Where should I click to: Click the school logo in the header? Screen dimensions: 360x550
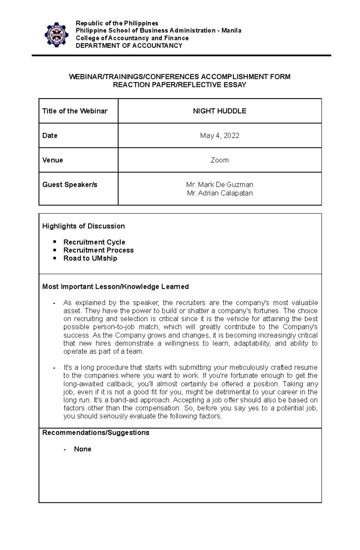56,35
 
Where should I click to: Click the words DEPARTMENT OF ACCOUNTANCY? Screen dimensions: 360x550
129,46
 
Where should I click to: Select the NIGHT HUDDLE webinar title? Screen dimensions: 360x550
220,111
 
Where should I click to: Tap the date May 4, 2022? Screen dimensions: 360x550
220,135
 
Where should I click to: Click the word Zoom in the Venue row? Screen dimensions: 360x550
220,160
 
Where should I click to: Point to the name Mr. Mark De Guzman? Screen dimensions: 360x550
220,185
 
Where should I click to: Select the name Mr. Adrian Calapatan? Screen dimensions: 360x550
220,193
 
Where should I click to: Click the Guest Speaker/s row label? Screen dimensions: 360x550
70,185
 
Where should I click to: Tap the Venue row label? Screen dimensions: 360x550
52,160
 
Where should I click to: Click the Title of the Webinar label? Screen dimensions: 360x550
75,111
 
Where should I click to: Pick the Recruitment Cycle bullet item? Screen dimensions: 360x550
94,242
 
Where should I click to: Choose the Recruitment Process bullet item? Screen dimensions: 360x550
98,250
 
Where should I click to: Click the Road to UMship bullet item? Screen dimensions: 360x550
90,258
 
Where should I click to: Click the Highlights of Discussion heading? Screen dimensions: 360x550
83,226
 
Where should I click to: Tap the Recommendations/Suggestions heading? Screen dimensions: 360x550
96,433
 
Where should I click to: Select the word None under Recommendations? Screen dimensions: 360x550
82,449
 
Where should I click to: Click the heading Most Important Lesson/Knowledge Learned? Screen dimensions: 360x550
115,287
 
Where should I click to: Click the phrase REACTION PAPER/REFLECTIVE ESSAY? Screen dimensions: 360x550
179,85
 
